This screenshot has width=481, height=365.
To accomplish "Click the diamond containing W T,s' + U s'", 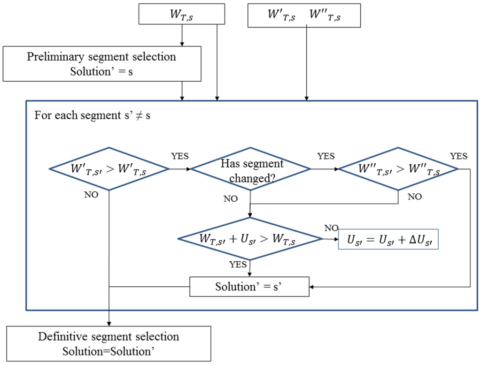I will pyautogui.click(x=250, y=238).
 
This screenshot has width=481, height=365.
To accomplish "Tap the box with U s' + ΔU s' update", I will pyautogui.click(x=388, y=238).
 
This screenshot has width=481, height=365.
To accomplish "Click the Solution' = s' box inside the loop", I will pyautogui.click(x=249, y=286).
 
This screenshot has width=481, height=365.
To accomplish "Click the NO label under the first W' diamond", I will pyautogui.click(x=92, y=195).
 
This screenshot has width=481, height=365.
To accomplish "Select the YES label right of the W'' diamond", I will pyautogui.click(x=458, y=156).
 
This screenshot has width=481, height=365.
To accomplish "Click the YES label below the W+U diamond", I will pyautogui.click(x=238, y=264).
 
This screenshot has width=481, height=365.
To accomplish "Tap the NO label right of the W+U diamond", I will pyautogui.click(x=331, y=228).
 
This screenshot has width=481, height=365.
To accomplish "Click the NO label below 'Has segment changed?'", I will pyautogui.click(x=230, y=199).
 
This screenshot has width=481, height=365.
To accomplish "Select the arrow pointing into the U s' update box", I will pyautogui.click(x=331, y=239).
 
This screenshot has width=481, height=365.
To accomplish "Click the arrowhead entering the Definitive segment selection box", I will pyautogui.click(x=109, y=323).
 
